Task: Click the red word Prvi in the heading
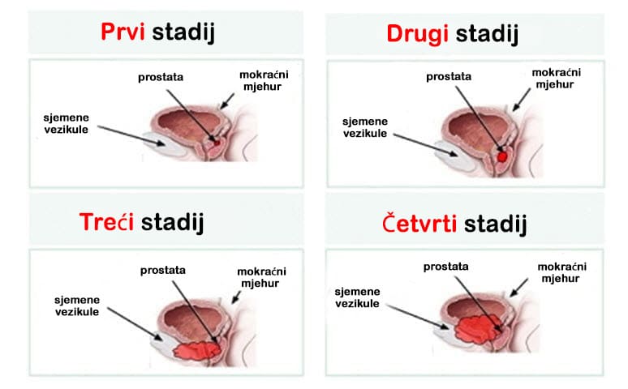pos(123,32)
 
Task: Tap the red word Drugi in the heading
pos(416,34)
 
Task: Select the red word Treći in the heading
pos(106,222)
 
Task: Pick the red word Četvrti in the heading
pos(419,224)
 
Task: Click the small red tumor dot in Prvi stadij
pos(217,143)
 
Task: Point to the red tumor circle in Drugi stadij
pos(502,156)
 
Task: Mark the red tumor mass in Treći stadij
pos(197,351)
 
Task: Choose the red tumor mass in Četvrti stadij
pos(478,329)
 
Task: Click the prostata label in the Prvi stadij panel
pos(161,77)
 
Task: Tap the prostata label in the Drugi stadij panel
pos(449,76)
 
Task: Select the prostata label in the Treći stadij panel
pos(162,271)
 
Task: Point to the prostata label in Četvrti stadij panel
pos(445,267)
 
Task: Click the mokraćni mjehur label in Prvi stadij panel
pos(264,80)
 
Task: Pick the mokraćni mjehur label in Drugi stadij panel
pos(556,79)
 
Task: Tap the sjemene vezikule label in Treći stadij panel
pos(77,306)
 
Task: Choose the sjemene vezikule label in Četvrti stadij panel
pos(357,297)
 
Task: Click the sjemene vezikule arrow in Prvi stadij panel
pos(131,135)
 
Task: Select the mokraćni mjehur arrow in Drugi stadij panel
pos(522,100)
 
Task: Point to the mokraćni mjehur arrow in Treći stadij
pos(236,297)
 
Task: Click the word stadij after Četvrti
pos(495,224)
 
